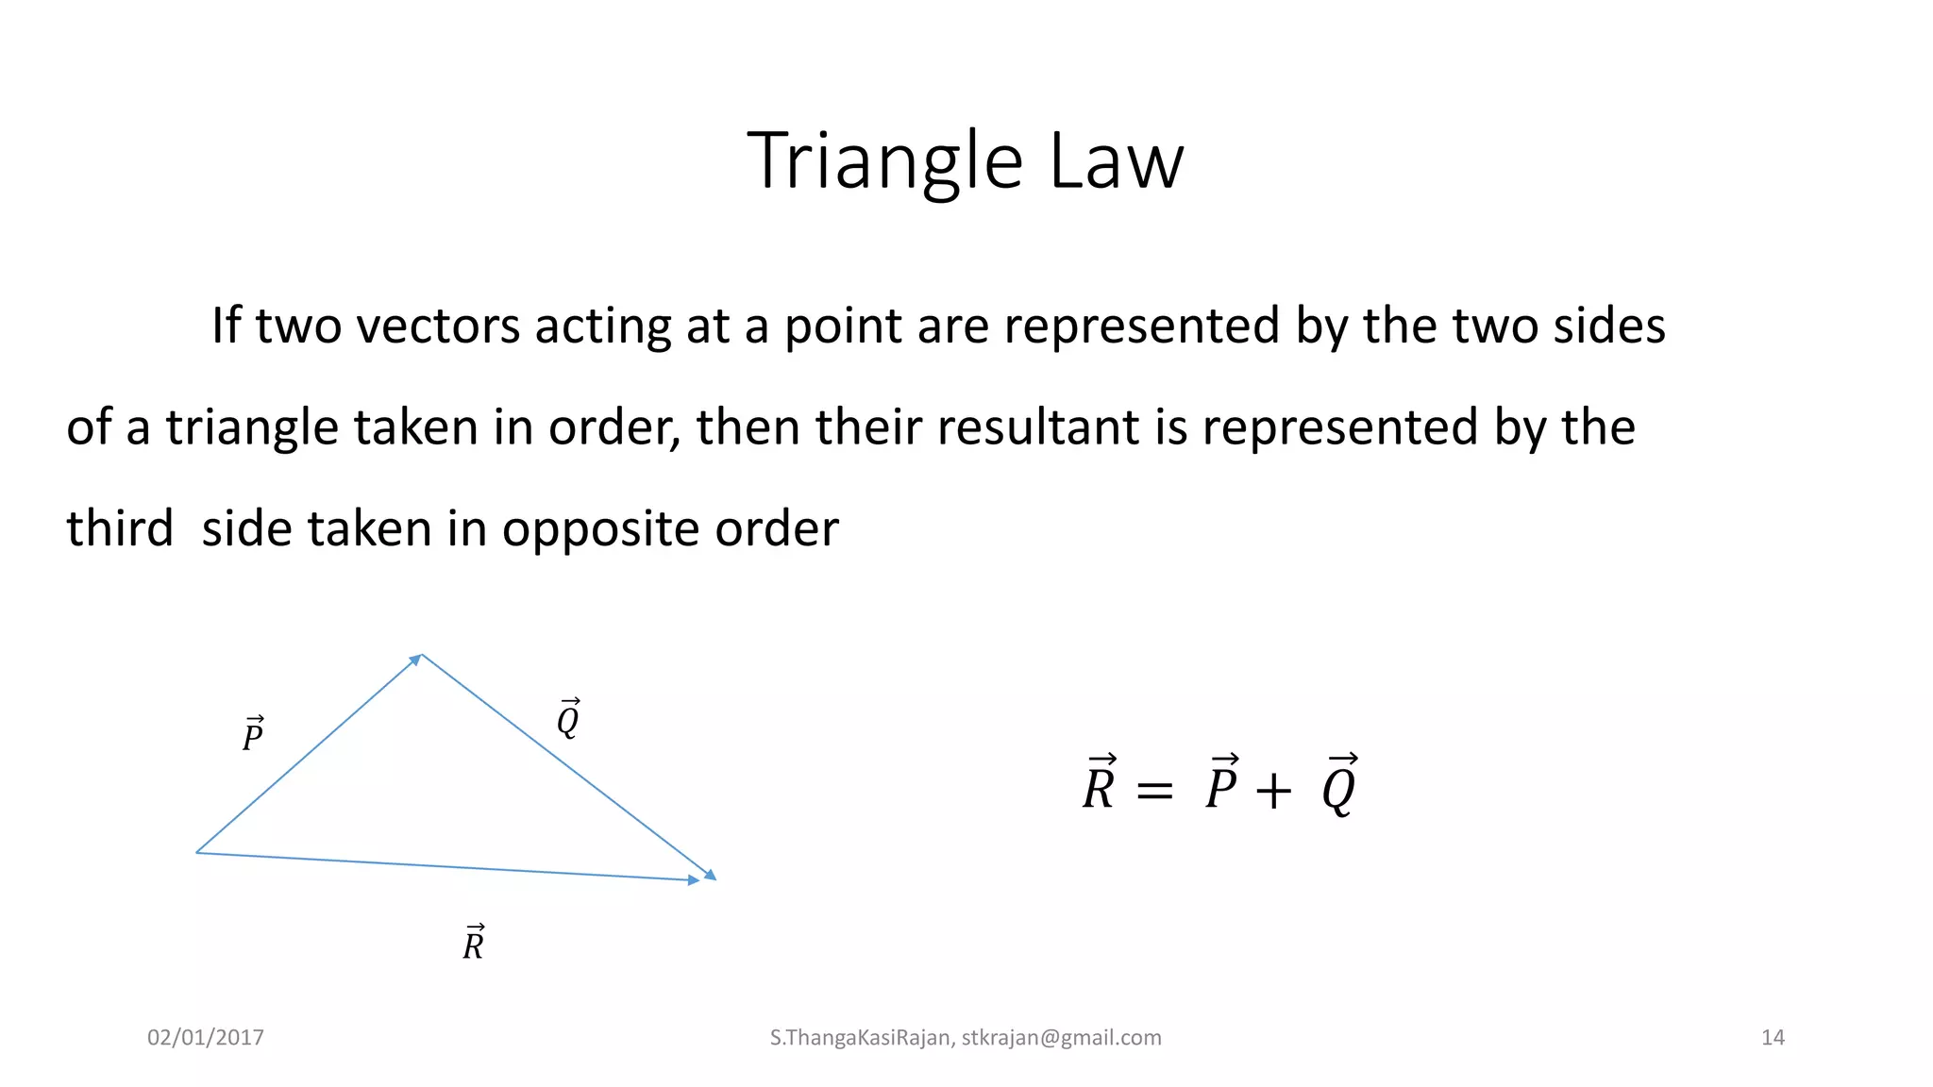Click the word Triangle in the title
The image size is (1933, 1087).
(884, 162)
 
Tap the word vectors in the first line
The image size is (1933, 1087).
(435, 326)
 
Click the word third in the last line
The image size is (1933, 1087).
(120, 528)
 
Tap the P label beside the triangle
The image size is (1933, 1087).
(253, 734)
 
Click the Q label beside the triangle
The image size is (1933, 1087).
(568, 719)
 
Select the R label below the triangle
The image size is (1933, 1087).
(474, 943)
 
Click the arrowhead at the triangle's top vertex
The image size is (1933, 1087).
(416, 659)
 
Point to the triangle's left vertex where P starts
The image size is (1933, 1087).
(197, 852)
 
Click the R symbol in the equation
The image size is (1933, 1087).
(1100, 785)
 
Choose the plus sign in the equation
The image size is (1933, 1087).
(1272, 791)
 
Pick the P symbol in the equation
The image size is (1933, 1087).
(1221, 785)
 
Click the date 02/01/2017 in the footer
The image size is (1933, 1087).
(206, 1038)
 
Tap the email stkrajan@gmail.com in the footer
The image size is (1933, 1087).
(1061, 1038)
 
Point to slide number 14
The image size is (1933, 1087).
(1773, 1038)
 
